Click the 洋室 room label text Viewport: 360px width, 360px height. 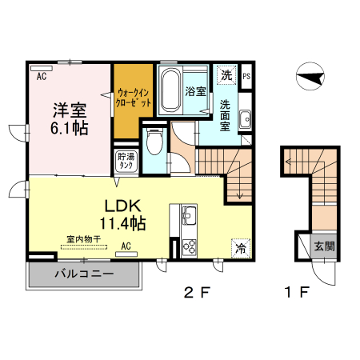70,110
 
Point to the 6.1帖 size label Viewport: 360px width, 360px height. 70,128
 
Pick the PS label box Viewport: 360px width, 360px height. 246,76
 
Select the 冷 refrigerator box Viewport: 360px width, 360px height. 239,248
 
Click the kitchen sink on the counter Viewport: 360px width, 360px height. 190,216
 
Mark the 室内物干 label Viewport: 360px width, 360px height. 83,238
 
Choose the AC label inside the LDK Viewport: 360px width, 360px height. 126,246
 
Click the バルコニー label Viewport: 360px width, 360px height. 83,274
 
